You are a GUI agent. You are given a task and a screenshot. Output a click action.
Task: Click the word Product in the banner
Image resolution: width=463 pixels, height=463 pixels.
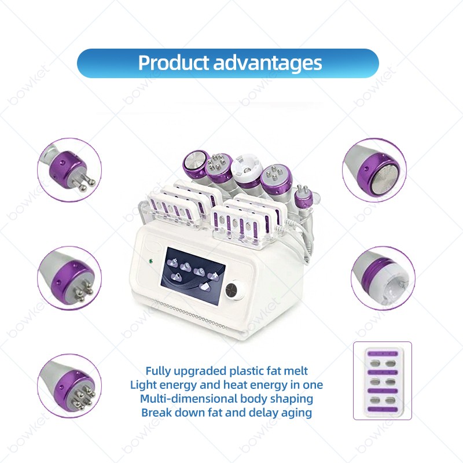click(174, 63)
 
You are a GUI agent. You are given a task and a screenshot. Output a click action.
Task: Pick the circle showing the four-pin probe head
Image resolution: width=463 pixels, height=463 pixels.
click(69, 278)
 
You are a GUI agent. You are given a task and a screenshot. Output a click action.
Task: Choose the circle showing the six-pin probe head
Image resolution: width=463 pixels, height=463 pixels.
click(69, 386)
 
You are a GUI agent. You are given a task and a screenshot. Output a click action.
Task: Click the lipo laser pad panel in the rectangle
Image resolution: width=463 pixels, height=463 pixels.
click(382, 380)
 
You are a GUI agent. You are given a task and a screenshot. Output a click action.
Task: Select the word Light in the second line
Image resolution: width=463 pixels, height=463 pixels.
click(145, 385)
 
